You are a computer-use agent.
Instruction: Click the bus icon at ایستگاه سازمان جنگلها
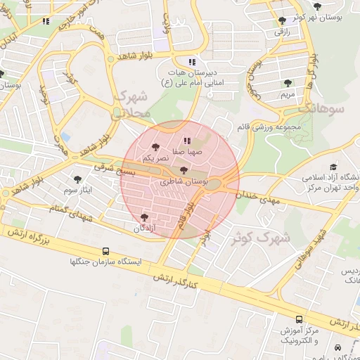coord(105,250)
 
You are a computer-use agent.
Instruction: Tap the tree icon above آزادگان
coord(145,218)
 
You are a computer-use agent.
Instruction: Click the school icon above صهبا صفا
coord(186,141)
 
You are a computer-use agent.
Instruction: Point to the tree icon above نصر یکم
coord(155,148)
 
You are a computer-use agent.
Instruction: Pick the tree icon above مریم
coord(288,82)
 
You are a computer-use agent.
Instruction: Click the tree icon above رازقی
coord(282,21)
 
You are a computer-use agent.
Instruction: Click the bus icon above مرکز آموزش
coord(300,319)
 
